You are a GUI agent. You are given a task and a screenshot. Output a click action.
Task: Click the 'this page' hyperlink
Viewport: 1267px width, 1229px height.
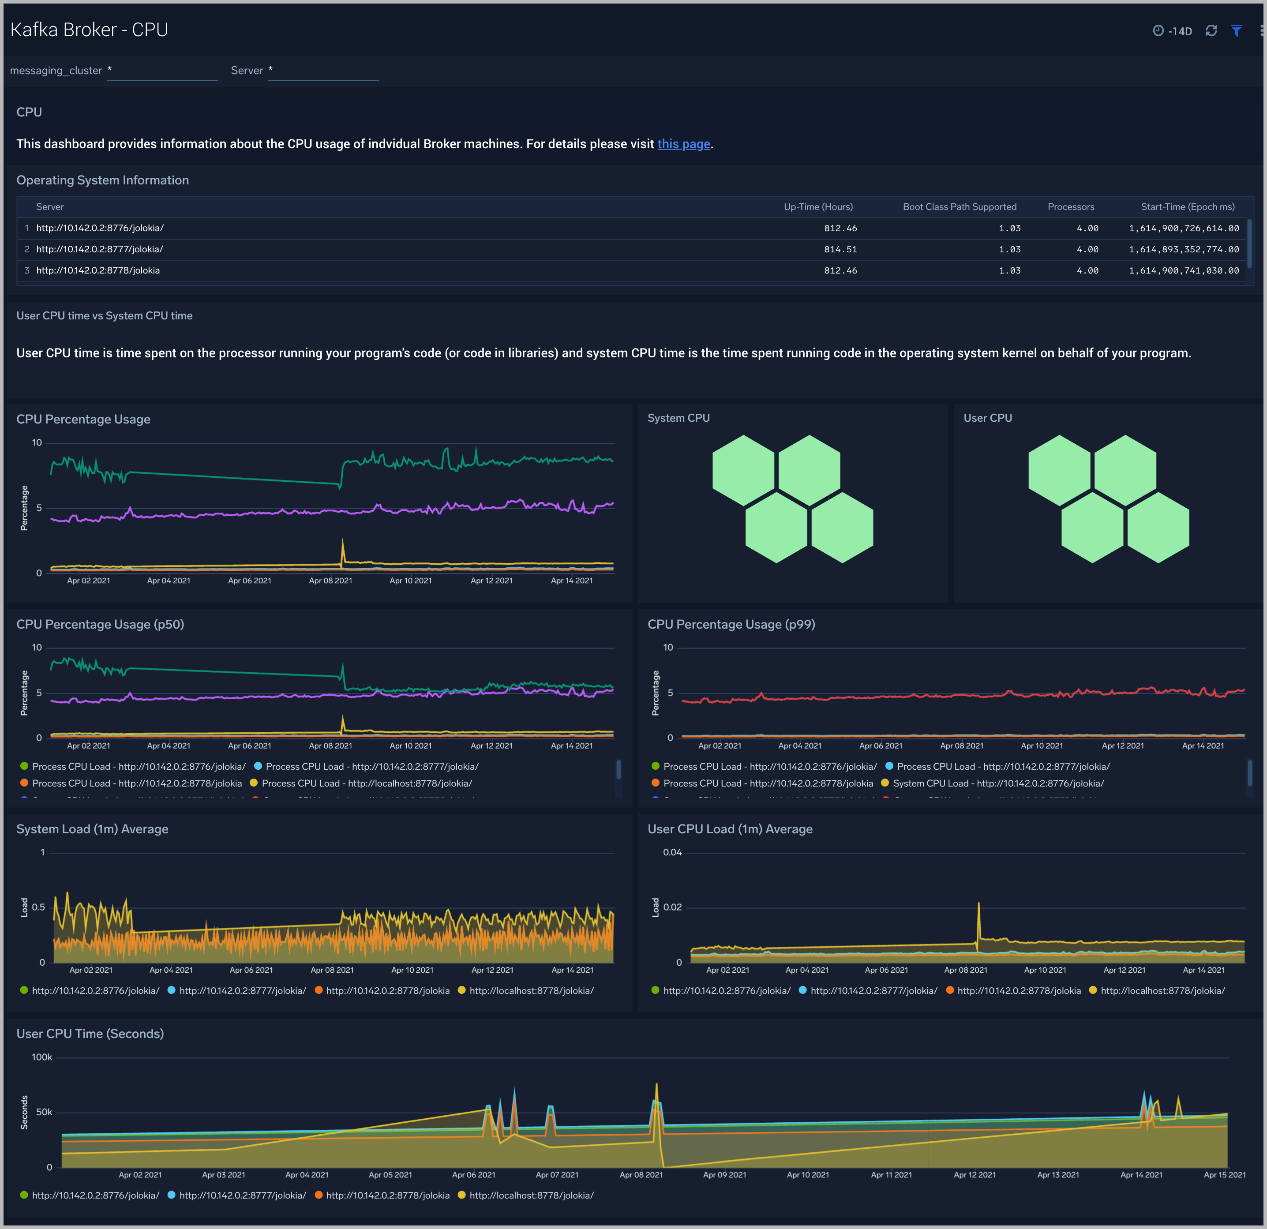683,144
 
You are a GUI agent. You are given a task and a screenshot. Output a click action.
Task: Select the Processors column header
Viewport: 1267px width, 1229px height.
1071,207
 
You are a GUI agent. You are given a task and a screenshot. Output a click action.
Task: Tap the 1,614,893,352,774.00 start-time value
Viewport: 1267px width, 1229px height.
1184,250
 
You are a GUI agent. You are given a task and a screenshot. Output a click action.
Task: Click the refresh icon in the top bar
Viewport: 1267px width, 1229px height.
1211,30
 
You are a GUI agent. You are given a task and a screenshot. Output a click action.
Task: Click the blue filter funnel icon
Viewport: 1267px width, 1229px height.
1236,30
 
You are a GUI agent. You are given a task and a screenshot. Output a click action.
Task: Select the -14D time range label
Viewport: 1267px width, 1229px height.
1179,31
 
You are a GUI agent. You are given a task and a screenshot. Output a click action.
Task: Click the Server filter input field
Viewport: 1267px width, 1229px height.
323,71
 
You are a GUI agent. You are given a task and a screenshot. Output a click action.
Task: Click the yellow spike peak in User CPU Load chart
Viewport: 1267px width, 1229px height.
978,904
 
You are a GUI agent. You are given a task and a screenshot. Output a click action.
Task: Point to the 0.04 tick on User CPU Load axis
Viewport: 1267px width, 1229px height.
672,852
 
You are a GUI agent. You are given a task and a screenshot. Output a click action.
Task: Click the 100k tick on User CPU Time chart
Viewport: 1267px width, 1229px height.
42,1057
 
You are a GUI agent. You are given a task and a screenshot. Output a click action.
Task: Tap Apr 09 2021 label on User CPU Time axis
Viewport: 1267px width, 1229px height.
724,1175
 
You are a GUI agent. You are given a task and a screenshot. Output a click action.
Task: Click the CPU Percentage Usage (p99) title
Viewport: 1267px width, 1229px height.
731,625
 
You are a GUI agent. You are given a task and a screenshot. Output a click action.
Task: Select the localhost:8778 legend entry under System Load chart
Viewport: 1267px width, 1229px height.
531,990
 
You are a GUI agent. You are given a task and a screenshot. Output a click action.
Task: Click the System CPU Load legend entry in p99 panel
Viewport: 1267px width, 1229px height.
997,783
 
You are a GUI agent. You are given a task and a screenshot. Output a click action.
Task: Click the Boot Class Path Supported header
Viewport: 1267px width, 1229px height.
960,207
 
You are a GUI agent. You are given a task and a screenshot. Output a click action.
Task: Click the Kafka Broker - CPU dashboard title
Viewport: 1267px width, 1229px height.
89,30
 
